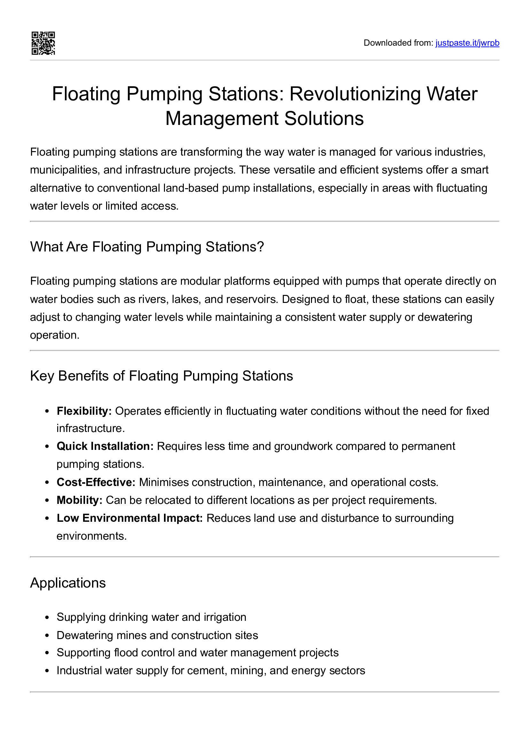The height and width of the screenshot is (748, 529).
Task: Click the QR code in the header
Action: tap(43, 43)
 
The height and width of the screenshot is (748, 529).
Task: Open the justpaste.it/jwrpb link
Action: tap(467, 43)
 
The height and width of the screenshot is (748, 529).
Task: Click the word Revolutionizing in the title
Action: tap(355, 94)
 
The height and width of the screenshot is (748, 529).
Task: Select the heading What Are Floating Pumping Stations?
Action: tap(147, 247)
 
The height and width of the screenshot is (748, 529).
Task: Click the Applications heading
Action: tap(68, 583)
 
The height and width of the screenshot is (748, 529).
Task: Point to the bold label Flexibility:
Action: tap(84, 411)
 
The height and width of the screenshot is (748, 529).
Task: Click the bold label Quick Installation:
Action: tap(105, 446)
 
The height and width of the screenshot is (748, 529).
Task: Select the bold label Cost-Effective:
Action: tap(96, 482)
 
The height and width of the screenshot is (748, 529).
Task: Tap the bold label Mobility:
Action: tap(80, 500)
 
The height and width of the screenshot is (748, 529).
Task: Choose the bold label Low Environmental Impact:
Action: tap(130, 518)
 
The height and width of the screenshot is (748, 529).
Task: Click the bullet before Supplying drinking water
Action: tap(47, 618)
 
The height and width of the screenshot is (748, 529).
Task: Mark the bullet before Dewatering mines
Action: tap(47, 636)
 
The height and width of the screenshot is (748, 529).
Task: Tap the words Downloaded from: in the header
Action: tap(398, 43)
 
